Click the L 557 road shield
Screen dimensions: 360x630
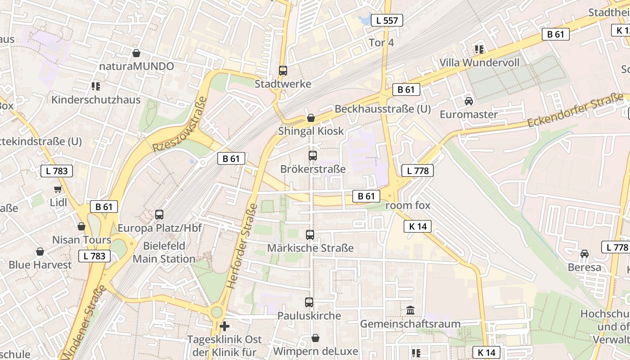(x=387, y=20)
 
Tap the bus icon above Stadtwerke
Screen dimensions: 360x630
(x=283, y=71)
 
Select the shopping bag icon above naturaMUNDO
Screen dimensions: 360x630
(x=136, y=53)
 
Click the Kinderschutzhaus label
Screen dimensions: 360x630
(x=96, y=99)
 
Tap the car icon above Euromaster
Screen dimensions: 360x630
(x=469, y=101)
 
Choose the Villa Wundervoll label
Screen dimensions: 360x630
(x=479, y=63)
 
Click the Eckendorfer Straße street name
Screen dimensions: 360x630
(x=576, y=110)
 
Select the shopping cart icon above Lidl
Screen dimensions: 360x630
(x=58, y=189)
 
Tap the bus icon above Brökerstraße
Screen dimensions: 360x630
(x=313, y=156)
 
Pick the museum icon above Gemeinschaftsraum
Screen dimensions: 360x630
(x=410, y=310)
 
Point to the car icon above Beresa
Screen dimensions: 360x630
(x=585, y=254)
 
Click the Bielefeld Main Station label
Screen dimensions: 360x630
(x=164, y=252)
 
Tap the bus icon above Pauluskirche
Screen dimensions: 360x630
(x=309, y=302)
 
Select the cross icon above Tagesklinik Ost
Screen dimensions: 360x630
(x=225, y=326)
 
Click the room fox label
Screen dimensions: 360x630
(x=408, y=206)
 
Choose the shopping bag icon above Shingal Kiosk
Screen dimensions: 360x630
(x=310, y=118)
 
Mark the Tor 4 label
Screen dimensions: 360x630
(x=381, y=43)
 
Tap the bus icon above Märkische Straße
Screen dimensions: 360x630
(x=310, y=235)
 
